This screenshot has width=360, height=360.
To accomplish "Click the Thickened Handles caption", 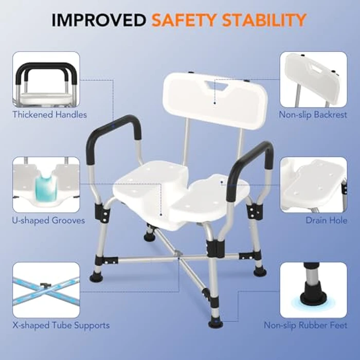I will [50, 115].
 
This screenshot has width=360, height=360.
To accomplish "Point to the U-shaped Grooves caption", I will [49, 221].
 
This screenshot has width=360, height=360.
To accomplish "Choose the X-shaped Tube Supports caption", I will [61, 326].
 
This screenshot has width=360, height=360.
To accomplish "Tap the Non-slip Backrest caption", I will [313, 115].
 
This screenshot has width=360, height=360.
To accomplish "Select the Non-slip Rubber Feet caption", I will [305, 326].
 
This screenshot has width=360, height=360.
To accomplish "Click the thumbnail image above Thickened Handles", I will [46, 79].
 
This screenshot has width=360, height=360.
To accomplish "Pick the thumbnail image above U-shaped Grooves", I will [46, 185].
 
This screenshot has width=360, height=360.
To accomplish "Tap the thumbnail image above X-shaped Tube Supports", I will [46, 290].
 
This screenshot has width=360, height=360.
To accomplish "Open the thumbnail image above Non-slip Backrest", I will [313, 79].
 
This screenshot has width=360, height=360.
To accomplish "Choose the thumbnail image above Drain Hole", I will [313, 185].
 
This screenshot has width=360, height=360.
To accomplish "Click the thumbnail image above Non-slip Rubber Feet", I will [313, 290].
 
